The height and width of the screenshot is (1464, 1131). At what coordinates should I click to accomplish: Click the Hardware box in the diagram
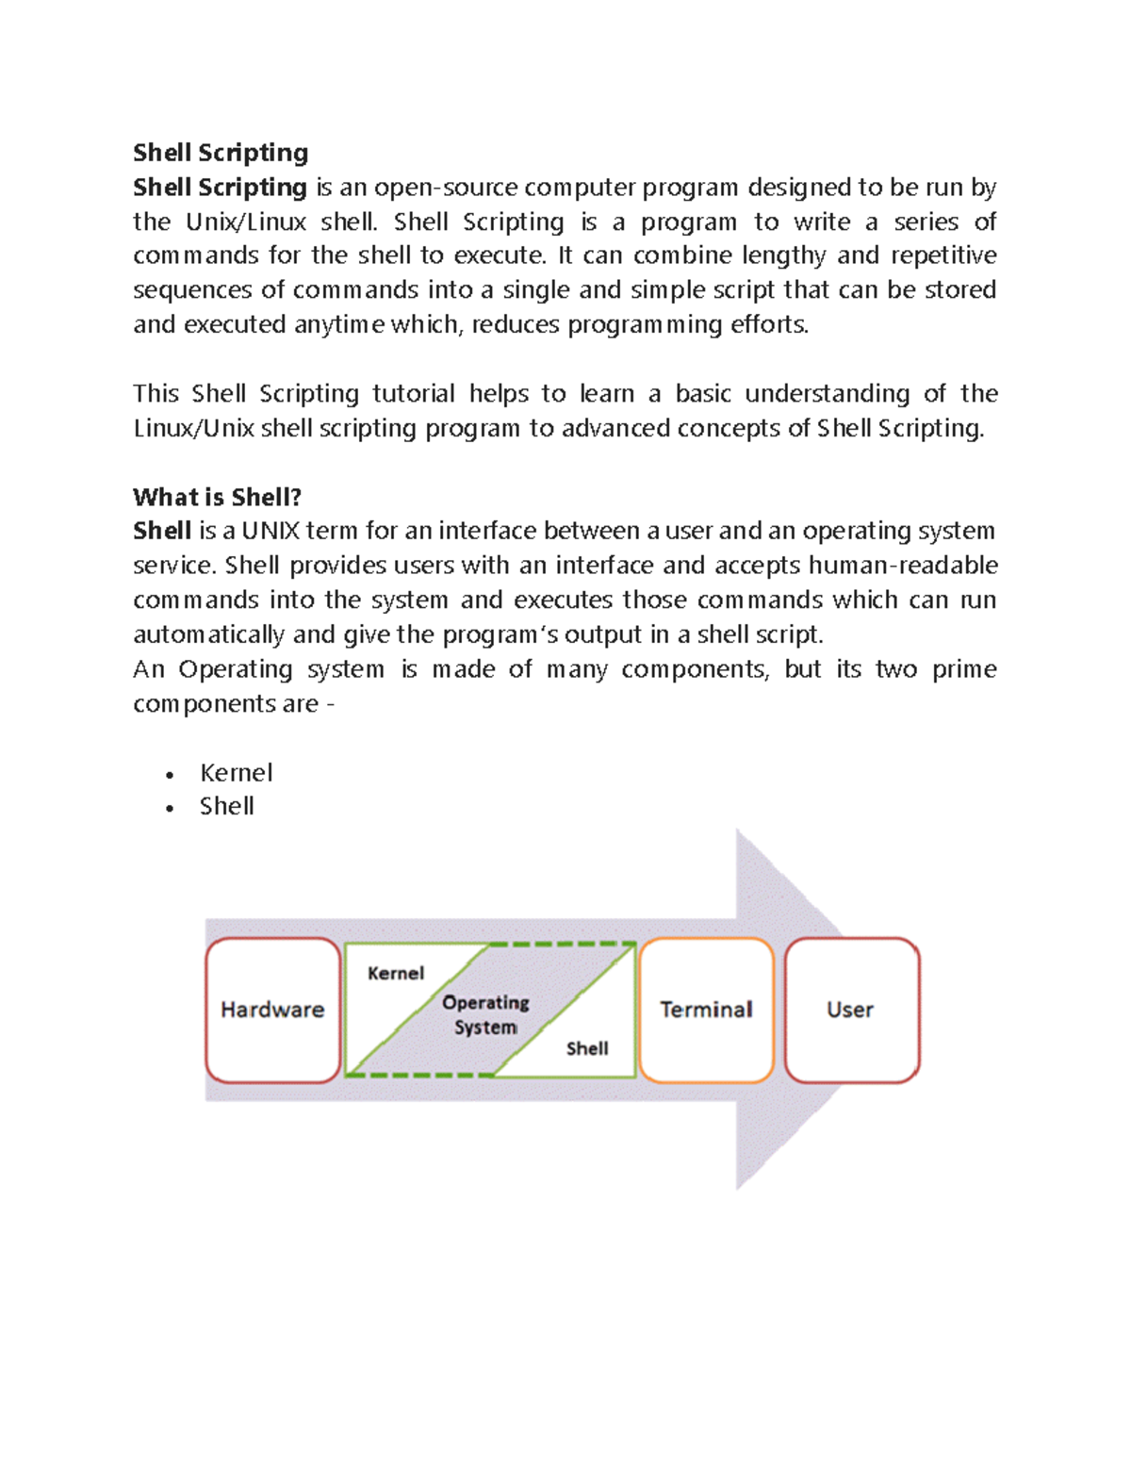(272, 1010)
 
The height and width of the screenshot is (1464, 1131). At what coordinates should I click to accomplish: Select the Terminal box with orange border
(706, 1010)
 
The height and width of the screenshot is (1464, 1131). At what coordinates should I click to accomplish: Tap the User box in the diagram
(850, 1010)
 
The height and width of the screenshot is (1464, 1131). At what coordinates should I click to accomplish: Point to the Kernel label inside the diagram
(396, 973)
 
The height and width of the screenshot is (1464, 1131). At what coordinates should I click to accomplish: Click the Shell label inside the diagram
(587, 1048)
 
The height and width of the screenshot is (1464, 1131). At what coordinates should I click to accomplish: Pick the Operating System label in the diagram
(485, 1014)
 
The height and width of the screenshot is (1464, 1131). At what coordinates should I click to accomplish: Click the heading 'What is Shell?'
(217, 497)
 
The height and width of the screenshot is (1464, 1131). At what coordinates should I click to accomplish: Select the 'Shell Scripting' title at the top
(221, 153)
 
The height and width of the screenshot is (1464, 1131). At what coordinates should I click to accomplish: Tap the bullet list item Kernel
(236, 773)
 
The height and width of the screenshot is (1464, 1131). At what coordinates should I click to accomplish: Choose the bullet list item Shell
(226, 806)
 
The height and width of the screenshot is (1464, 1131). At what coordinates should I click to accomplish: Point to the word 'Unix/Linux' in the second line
(245, 222)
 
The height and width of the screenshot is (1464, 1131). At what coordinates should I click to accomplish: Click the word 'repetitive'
(943, 256)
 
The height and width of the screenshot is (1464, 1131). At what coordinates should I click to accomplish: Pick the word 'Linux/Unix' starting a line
(193, 428)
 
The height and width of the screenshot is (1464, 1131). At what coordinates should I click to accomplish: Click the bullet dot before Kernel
(170, 775)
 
